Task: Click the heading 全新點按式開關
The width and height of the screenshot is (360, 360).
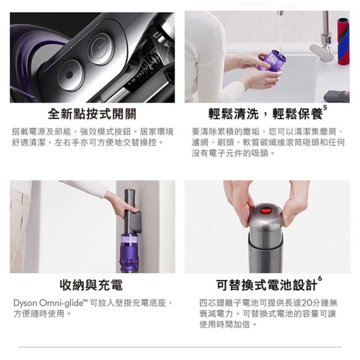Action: (x=92, y=114)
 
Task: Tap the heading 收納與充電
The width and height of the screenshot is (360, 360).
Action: (x=91, y=285)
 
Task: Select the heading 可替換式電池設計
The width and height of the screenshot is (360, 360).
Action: (x=267, y=285)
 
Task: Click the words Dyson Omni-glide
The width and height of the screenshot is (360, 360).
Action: (x=46, y=303)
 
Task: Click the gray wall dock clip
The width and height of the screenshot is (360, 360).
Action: (x=135, y=220)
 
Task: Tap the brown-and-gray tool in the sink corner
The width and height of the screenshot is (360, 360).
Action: (x=337, y=96)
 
